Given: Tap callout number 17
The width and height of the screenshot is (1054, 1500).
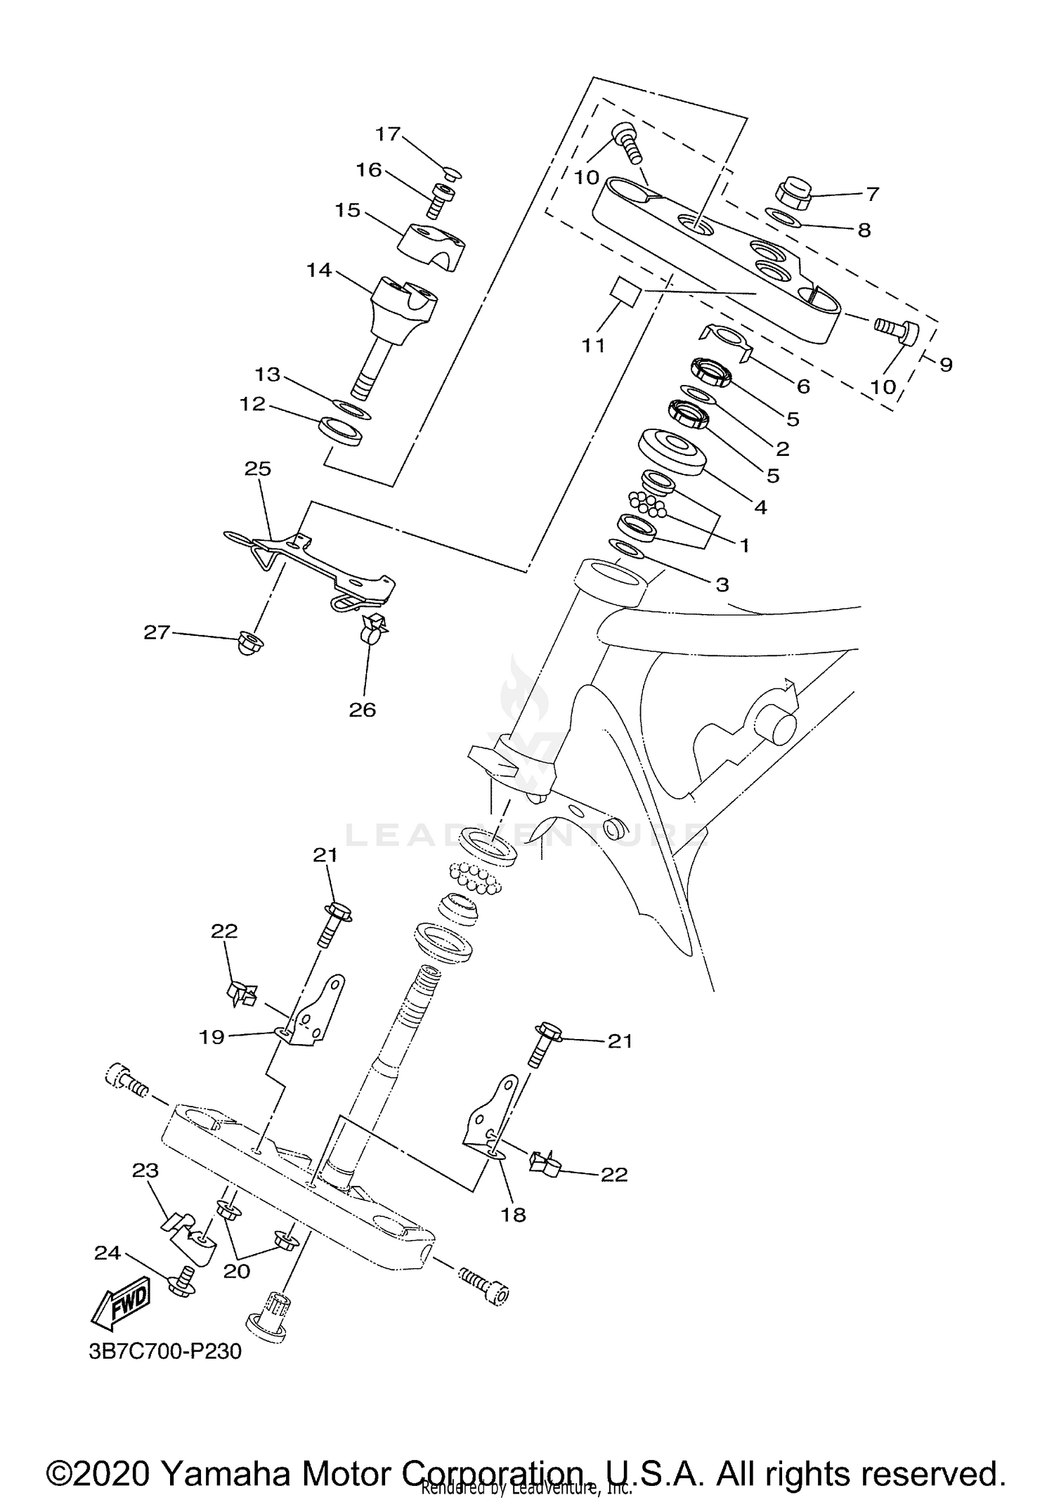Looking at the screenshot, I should pyautogui.click(x=387, y=133).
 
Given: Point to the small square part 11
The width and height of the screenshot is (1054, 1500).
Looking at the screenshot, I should pyautogui.click(x=625, y=291).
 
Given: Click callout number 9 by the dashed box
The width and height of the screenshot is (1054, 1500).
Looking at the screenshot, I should pyautogui.click(x=946, y=365).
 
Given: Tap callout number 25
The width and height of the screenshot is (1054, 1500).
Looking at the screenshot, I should pyautogui.click(x=258, y=469).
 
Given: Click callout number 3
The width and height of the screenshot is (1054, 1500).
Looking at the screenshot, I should pyautogui.click(x=722, y=584).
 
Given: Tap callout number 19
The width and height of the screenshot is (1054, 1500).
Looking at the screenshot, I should pyautogui.click(x=212, y=1037).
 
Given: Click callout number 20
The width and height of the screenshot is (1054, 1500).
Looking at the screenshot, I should pyautogui.click(x=237, y=1272).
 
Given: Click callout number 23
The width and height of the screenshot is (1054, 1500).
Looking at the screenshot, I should pyautogui.click(x=145, y=1170).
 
